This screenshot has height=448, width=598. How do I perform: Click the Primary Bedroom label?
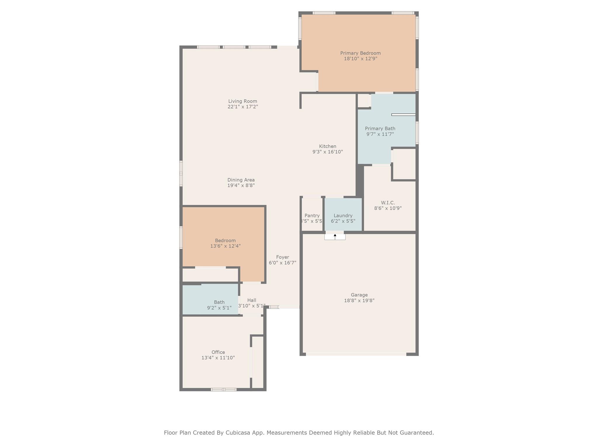(360, 53)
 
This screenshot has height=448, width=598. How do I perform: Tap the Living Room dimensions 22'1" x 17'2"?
(243, 107)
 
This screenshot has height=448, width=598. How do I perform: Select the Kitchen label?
(327, 146)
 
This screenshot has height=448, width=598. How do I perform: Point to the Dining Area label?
(241, 180)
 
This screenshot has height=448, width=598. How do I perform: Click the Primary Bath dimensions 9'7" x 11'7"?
(380, 134)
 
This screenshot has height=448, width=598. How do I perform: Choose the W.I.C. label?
(388, 203)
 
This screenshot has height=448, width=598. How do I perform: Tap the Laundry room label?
(343, 216)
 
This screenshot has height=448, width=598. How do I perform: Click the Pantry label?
(312, 216)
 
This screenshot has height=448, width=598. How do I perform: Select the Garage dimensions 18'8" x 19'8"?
(359, 300)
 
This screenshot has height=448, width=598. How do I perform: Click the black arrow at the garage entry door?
(335, 235)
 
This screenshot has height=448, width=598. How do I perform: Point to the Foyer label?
(282, 257)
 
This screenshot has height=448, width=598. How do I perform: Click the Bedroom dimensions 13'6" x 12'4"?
(225, 246)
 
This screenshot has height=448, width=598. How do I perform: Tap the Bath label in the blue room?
(219, 302)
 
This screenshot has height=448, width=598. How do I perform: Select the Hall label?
(252, 300)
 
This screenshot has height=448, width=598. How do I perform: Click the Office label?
(218, 352)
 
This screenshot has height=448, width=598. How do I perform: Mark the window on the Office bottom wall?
(224, 389)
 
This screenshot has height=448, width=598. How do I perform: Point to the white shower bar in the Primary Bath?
(403, 115)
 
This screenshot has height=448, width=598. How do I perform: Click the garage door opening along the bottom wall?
(356, 354)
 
